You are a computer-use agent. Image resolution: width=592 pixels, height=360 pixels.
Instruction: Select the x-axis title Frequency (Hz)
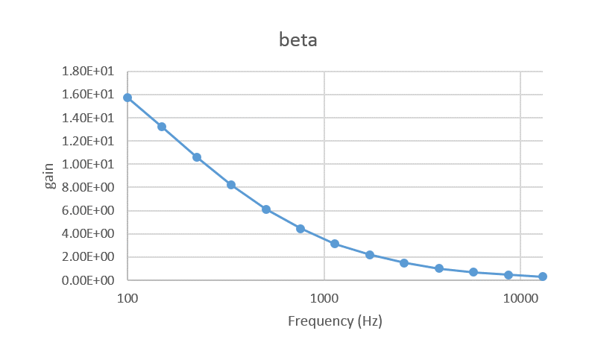(335, 321)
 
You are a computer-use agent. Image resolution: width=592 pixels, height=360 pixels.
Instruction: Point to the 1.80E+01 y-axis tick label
(89, 71)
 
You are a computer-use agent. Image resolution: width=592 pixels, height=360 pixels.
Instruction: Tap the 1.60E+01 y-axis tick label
(89, 94)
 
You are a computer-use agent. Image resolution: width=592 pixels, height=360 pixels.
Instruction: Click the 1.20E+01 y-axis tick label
(89, 141)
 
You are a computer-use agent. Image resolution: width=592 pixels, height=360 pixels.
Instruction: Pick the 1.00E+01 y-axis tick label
(89, 164)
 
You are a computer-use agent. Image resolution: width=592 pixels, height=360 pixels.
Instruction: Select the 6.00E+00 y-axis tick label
(89, 210)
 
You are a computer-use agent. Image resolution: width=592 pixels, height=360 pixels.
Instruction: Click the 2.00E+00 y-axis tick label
(89, 257)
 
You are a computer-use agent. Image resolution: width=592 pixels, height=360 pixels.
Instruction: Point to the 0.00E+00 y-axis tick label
(89, 280)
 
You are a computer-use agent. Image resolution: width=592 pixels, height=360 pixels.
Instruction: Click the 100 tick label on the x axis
(127, 297)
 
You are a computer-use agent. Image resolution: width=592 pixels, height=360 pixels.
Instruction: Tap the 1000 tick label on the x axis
(324, 297)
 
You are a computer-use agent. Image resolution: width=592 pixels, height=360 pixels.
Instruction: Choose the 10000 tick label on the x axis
(520, 297)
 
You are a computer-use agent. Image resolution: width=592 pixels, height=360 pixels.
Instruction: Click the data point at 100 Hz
(127, 98)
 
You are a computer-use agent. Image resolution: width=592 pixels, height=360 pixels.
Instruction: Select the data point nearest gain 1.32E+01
(162, 127)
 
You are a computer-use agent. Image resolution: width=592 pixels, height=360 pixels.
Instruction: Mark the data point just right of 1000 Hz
(335, 244)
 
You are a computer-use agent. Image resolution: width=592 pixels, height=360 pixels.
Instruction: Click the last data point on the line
(543, 277)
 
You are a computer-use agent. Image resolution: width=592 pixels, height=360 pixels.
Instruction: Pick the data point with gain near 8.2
(231, 185)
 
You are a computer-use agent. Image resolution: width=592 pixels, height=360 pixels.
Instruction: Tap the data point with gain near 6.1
(266, 209)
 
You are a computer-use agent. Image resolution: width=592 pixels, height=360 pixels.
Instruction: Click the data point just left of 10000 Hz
(508, 275)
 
